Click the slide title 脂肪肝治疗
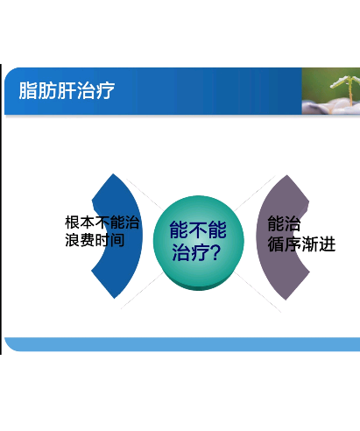coord(67,90)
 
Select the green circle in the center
coord(198,243)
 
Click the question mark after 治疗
coord(215,252)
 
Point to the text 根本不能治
coord(102,223)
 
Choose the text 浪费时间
coord(95,240)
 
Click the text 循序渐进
coord(301,244)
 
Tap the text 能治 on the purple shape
coord(284,223)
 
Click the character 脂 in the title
coord(28,90)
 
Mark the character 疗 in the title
coord(105,90)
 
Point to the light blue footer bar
coord(182,344)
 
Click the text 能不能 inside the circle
coord(198,230)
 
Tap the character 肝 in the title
coord(67,90)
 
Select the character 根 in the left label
coord(72,223)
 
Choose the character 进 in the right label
coord(327,244)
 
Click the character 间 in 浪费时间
coord(117,240)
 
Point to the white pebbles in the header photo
coord(330,107)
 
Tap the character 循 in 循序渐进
coord(276,244)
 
